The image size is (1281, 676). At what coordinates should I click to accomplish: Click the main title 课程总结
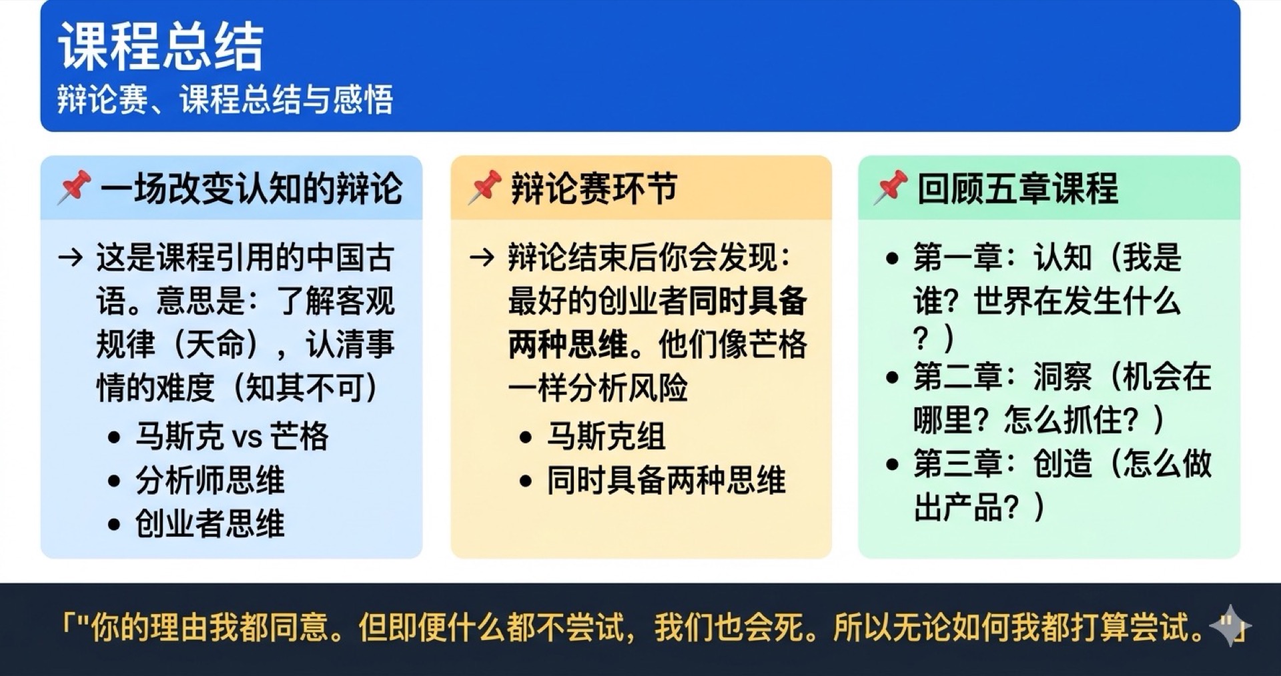(161, 47)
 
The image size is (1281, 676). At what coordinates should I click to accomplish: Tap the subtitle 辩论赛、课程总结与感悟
(225, 100)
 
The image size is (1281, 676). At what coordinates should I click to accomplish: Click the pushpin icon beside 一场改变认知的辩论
(74, 187)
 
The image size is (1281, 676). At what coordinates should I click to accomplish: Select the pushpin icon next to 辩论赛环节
(484, 187)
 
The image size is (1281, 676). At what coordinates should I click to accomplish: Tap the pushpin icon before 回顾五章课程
(891, 187)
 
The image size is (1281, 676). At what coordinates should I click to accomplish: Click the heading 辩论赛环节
(594, 188)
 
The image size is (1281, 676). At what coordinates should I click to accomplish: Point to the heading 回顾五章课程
(1017, 188)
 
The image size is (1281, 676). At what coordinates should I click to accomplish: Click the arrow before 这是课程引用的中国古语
(71, 257)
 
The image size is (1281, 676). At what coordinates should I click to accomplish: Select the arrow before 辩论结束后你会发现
(482, 257)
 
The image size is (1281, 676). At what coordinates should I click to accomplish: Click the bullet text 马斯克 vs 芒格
(232, 437)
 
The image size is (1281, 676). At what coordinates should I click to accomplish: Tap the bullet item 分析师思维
(209, 480)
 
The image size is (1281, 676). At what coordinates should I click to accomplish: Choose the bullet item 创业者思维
(209, 523)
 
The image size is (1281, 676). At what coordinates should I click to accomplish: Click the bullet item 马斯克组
(606, 437)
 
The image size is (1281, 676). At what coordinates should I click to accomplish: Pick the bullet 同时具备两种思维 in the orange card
(666, 480)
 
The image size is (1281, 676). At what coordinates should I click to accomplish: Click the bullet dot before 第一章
(892, 259)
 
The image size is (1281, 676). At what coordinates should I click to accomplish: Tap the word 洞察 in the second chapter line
(1062, 377)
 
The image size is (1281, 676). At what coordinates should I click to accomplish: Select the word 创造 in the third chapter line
(1062, 464)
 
